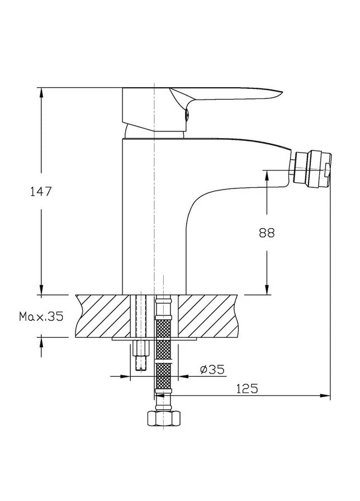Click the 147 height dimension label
(41, 192)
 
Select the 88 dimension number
(267, 233)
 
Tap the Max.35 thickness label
(41, 316)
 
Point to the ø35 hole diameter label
(212, 370)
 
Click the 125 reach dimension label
(247, 389)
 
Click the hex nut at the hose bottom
(164, 418)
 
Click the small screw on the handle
(187, 115)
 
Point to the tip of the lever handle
(282, 92)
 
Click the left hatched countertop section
(103, 316)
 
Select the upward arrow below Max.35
(41, 347)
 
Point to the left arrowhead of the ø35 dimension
(125, 376)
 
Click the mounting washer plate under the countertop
(154, 339)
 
